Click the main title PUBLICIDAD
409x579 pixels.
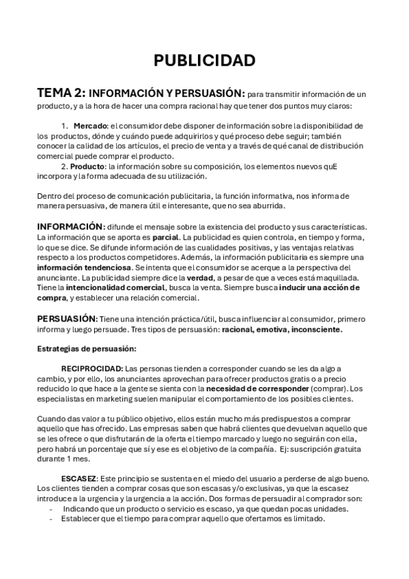[204, 61]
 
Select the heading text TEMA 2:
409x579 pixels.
[61, 93]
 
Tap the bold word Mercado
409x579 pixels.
[90, 126]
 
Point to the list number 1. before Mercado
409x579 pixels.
[65, 126]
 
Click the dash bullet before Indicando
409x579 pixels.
[52, 509]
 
